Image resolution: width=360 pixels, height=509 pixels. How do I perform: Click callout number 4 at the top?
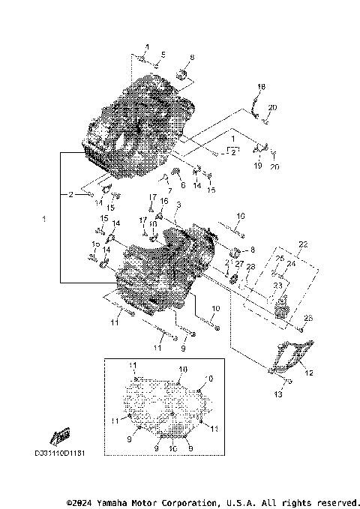click(x=147, y=47)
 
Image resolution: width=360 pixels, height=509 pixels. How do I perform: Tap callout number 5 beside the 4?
click(x=163, y=54)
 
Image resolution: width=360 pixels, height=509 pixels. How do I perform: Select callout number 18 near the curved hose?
click(x=262, y=86)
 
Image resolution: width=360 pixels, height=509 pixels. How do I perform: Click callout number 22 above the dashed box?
click(x=303, y=244)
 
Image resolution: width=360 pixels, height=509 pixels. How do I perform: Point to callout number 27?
click(x=239, y=264)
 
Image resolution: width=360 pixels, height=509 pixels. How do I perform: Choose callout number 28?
click(x=250, y=268)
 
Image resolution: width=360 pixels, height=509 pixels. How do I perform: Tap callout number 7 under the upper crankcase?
click(x=160, y=184)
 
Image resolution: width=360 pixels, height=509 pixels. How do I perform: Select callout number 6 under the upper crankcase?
click(x=182, y=184)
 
